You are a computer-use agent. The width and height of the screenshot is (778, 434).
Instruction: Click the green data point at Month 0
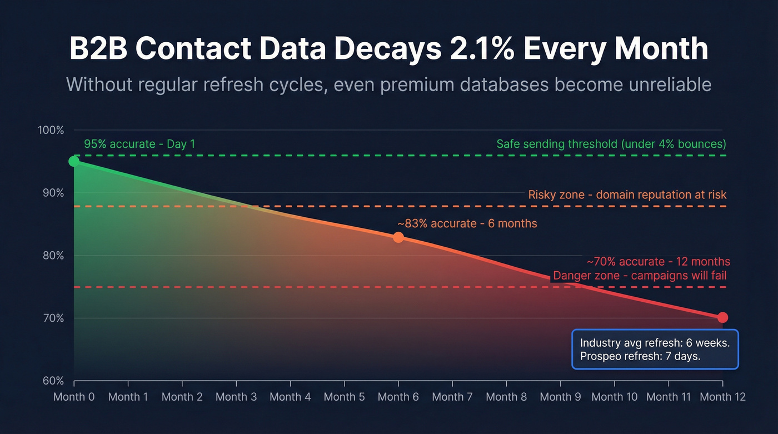(74, 161)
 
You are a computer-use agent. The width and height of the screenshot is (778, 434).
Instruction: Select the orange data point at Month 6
(398, 237)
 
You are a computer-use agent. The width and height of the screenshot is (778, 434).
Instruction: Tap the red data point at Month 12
(722, 317)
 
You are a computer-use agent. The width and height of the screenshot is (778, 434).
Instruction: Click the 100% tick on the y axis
(51, 130)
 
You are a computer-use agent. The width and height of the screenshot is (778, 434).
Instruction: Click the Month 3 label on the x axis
(236, 397)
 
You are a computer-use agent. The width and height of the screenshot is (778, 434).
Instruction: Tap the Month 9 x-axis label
(560, 397)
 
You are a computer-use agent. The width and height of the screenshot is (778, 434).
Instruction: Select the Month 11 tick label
(669, 397)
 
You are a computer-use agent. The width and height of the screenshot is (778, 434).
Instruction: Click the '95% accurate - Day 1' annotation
(139, 144)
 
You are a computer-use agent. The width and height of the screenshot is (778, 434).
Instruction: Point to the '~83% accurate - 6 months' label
(467, 223)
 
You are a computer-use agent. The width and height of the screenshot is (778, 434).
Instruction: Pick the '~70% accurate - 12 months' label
(658, 262)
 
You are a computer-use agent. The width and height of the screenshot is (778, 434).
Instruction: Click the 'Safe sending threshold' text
(611, 144)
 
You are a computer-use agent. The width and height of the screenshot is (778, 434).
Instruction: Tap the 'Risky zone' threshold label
(627, 194)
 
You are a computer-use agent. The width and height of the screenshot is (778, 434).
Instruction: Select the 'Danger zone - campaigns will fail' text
(640, 276)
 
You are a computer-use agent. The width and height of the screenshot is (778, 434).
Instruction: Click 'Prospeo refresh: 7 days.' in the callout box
(640, 356)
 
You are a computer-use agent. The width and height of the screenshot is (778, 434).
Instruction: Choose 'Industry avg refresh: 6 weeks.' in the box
(655, 343)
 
